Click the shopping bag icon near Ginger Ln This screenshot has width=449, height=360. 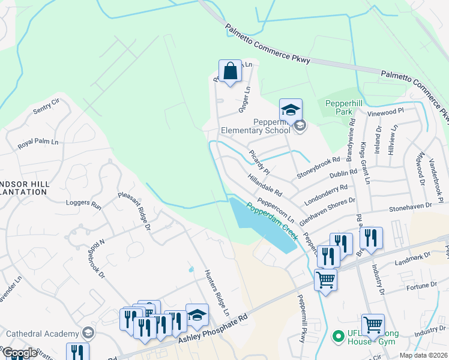point(230,71)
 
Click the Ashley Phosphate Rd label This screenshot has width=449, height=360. point(213,328)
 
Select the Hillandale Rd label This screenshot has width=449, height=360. point(265,185)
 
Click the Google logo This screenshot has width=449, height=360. point(19,353)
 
